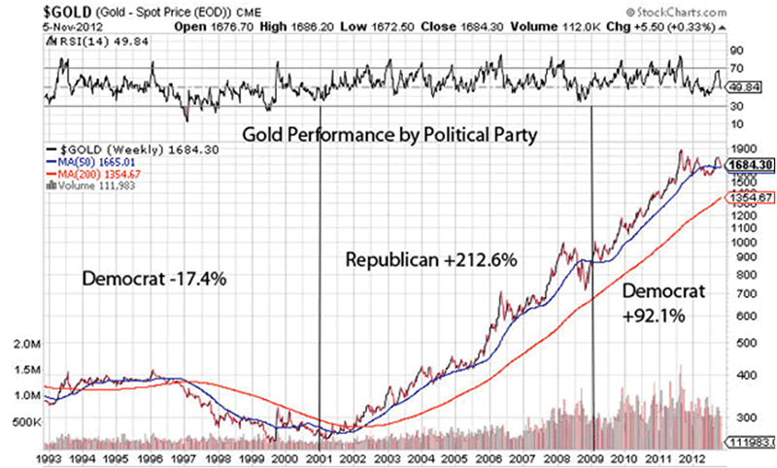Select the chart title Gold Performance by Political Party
tap(388, 133)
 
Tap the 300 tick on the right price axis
tap(744, 416)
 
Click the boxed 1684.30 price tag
tap(750, 165)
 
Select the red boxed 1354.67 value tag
tap(750, 197)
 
